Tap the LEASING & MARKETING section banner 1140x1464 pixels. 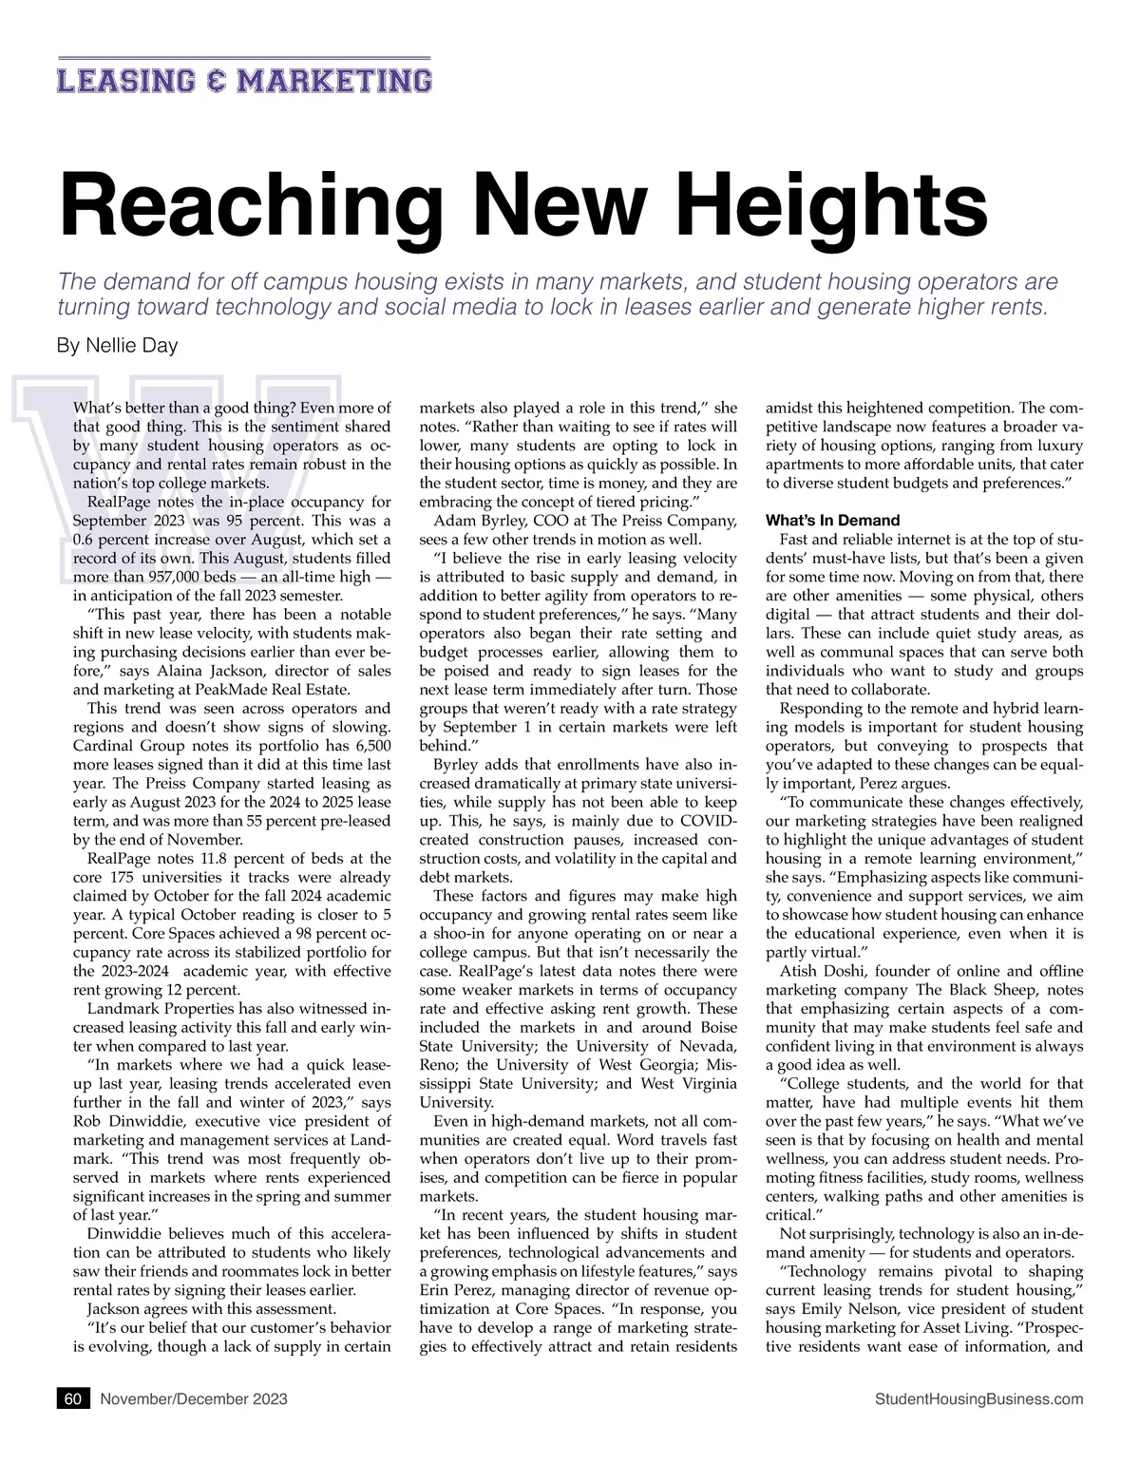pos(244,80)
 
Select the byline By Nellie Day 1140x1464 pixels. pos(118,346)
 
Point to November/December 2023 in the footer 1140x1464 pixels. pos(194,1398)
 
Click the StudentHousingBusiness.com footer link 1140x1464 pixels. pos(978,1398)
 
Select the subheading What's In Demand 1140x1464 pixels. pos(832,521)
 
